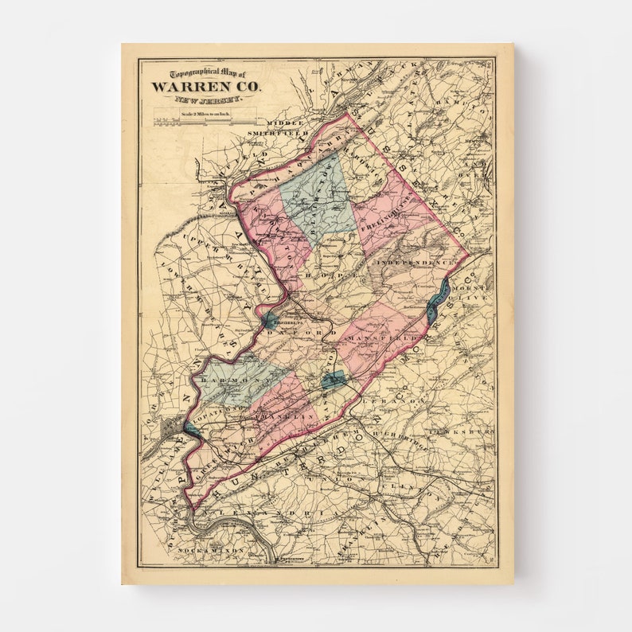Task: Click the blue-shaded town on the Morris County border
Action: click(x=438, y=300)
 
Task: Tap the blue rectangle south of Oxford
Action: click(x=334, y=380)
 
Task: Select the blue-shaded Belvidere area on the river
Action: click(x=270, y=320)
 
